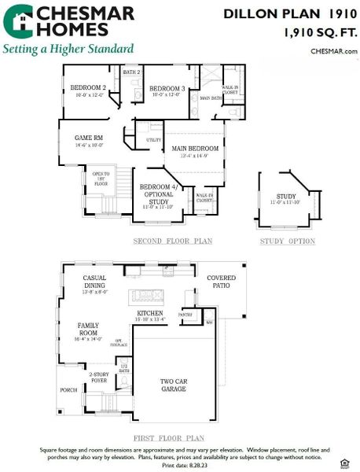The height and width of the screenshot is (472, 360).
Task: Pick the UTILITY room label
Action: (154, 140)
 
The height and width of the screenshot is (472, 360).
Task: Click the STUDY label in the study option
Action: (286, 198)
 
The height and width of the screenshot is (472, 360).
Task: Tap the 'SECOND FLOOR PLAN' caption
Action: (172, 241)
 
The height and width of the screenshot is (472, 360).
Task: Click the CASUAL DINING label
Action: (100, 282)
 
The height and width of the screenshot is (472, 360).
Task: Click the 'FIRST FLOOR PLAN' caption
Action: (170, 437)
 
